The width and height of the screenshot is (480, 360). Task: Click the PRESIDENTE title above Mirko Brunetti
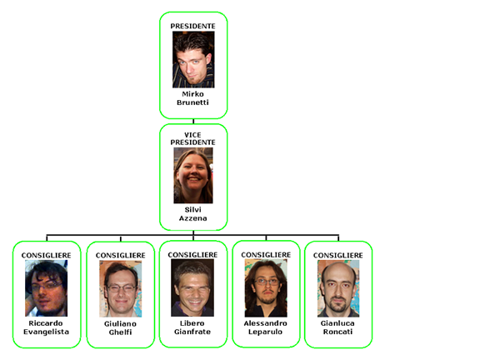click(x=192, y=27)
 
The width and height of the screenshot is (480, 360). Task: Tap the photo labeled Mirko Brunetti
click(x=193, y=60)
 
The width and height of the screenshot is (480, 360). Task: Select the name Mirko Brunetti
click(x=192, y=98)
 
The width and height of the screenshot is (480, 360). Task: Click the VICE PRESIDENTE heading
click(x=192, y=138)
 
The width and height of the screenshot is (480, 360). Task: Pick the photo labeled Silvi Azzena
click(x=193, y=175)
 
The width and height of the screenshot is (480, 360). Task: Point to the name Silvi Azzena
click(x=192, y=214)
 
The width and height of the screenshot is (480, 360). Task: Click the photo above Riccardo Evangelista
click(x=46, y=288)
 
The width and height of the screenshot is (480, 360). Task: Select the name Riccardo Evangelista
click(x=46, y=327)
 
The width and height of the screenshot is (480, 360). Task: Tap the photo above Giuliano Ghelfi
click(x=120, y=288)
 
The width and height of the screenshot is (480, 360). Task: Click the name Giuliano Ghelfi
click(x=120, y=327)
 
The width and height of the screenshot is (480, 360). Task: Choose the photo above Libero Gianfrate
click(x=192, y=287)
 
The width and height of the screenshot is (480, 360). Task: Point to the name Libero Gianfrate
click(x=192, y=327)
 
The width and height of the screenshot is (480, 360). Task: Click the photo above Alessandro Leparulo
click(x=266, y=288)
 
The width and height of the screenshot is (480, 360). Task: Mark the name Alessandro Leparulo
click(x=265, y=327)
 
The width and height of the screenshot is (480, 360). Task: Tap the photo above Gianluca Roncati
click(x=338, y=288)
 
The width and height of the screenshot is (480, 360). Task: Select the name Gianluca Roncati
click(x=338, y=327)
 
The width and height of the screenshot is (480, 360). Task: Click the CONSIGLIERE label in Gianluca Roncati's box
click(x=338, y=255)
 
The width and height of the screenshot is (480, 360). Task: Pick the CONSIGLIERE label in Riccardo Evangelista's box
click(x=46, y=255)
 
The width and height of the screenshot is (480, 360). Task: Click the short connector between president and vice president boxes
click(x=193, y=121)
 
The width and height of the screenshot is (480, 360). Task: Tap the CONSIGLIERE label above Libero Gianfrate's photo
click(x=192, y=255)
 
